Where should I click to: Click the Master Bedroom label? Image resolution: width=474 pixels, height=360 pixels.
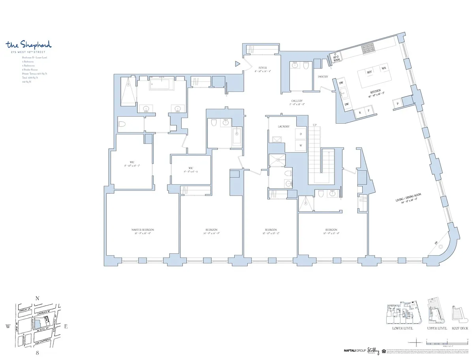coord(143,230)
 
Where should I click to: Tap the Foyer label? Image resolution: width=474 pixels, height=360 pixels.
coord(262,68)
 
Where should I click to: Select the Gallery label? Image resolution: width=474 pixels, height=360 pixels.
coord(297,101)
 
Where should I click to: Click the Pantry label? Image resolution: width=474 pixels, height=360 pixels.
coord(323,77)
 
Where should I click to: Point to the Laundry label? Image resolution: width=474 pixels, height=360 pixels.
coord(284,126)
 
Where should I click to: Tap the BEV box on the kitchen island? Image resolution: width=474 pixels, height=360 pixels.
coord(370,72)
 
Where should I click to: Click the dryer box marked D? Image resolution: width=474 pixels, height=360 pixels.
coord(301,134)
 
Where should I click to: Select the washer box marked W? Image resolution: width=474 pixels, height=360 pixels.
coord(301,146)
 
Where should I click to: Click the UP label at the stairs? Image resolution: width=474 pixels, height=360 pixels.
coord(314,125)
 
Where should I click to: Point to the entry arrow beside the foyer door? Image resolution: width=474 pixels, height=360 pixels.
coord(237,63)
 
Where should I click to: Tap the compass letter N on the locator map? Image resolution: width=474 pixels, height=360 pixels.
coord(37,299)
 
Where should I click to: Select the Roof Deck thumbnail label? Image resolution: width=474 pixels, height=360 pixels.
coord(459,328)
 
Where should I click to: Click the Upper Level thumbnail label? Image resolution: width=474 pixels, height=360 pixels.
coord(436,328)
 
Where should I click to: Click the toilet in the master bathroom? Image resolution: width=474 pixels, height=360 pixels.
coord(122,125)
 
